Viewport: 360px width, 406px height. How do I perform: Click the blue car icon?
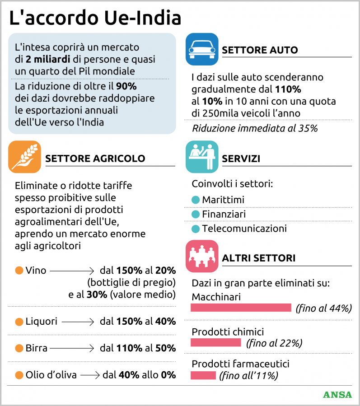[202, 50]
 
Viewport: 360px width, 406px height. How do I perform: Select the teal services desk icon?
[202, 157]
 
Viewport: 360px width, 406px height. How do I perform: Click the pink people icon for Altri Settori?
[202, 256]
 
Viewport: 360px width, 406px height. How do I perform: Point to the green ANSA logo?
[337, 394]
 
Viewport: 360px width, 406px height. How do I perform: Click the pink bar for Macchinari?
[241, 308]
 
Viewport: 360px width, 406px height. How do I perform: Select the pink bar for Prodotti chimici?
[216, 342]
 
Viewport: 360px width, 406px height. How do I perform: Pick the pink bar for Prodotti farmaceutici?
[203, 375]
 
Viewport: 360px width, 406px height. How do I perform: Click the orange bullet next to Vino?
[19, 271]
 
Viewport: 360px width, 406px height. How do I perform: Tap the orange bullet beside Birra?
[19, 348]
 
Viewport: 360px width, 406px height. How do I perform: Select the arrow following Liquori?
[77, 322]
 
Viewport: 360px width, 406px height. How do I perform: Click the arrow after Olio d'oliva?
[90, 375]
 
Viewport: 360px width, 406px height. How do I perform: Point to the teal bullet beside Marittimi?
[196, 200]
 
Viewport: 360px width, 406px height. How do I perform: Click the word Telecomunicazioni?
[244, 229]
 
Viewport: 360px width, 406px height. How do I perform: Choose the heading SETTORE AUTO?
[260, 50]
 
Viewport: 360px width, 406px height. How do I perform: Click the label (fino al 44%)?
[323, 309]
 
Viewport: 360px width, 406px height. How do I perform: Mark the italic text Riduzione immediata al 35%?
[255, 128]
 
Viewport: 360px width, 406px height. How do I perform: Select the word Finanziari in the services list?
[224, 214]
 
